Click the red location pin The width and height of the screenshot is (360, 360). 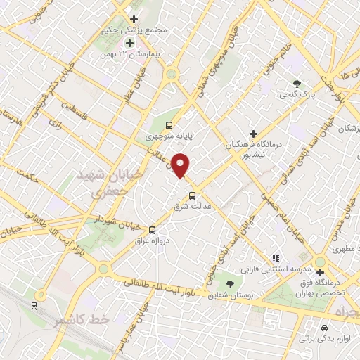[x=181, y=165]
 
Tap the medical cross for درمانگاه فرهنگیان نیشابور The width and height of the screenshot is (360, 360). [x=254, y=133]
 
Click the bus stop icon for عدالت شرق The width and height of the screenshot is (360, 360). [x=192, y=195]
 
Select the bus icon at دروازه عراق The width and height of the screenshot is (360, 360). [x=153, y=229]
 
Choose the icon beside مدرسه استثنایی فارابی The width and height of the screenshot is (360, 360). [x=276, y=258]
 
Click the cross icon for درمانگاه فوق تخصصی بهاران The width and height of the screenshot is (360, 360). [x=321, y=272]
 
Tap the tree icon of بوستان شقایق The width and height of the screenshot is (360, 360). [x=231, y=283]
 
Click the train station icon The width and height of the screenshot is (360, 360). [x=34, y=305]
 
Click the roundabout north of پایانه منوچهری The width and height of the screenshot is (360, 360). [x=171, y=74]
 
